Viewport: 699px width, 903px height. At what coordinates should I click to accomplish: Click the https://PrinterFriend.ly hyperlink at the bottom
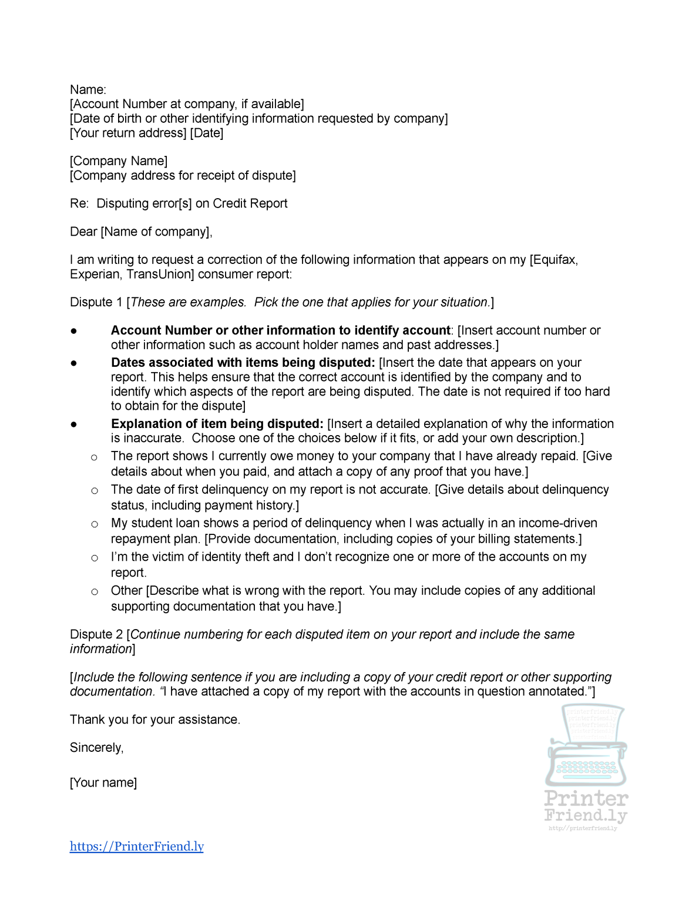[x=136, y=846]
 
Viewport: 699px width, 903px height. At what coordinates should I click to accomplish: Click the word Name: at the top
[x=88, y=90]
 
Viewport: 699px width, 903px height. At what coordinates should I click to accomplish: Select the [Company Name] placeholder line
[x=119, y=161]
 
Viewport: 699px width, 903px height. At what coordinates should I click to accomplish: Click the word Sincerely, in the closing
[x=97, y=748]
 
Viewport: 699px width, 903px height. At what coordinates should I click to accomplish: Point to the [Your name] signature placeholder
[x=103, y=783]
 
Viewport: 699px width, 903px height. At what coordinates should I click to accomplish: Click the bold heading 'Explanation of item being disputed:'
[x=217, y=424]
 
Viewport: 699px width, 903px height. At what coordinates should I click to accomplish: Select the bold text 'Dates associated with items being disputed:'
[x=243, y=363]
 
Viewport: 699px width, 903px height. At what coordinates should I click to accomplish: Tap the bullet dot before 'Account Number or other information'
[x=74, y=331]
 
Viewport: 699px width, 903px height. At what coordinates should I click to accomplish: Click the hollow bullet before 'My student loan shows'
[x=94, y=524]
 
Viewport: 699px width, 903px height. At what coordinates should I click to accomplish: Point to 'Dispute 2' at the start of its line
[x=96, y=635]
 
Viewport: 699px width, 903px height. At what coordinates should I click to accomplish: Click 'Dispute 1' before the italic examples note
[x=96, y=303]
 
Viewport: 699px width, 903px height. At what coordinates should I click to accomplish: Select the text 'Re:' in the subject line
[x=79, y=204]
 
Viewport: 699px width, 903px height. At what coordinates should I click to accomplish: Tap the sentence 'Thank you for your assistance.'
[x=155, y=720]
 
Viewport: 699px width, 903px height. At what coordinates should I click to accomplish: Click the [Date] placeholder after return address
[x=207, y=133]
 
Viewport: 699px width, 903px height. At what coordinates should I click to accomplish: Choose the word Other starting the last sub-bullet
[x=126, y=591]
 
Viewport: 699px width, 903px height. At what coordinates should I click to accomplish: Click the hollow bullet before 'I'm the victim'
[x=94, y=558]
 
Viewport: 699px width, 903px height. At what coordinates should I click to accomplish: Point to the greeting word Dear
[x=83, y=232]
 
